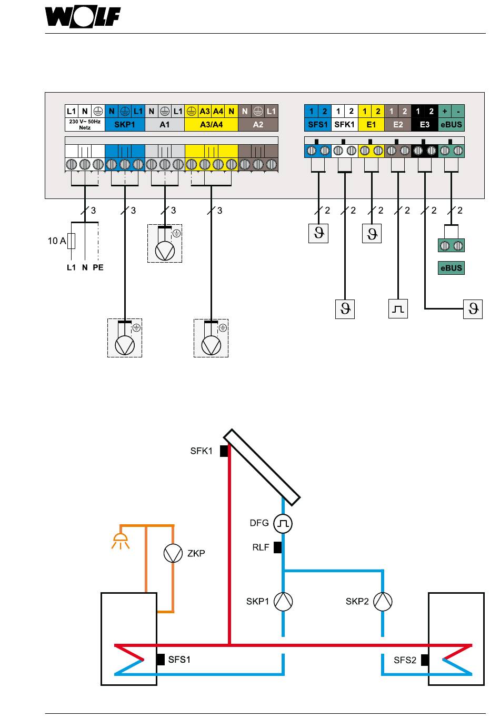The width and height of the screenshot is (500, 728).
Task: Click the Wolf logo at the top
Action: click(x=83, y=16)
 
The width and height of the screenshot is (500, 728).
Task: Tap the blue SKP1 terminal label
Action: click(x=125, y=124)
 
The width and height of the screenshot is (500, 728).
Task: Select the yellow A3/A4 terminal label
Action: click(x=211, y=124)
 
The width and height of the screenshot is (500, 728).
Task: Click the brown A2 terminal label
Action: click(x=258, y=124)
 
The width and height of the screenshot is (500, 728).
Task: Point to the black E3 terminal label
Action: click(x=425, y=124)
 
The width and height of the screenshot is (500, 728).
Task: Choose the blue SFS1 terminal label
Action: click(x=318, y=124)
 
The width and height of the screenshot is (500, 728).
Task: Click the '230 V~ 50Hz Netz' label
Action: click(x=85, y=124)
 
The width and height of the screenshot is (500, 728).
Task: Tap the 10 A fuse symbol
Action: click(x=72, y=241)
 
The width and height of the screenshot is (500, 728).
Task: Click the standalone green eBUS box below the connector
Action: click(x=451, y=268)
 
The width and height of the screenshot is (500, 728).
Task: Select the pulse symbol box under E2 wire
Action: click(x=398, y=309)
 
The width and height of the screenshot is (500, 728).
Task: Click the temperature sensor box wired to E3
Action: click(x=473, y=309)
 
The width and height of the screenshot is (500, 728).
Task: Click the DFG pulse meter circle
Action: click(x=283, y=523)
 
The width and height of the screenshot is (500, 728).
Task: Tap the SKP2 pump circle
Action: click(x=383, y=601)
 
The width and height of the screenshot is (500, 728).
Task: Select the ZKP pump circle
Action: click(x=173, y=553)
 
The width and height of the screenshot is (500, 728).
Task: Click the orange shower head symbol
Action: click(x=120, y=541)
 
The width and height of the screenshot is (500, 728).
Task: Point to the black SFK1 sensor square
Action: click(x=224, y=451)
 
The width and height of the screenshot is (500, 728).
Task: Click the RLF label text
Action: click(x=261, y=547)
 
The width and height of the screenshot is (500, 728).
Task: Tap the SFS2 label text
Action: click(x=405, y=660)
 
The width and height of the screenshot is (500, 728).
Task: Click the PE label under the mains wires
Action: click(x=98, y=267)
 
